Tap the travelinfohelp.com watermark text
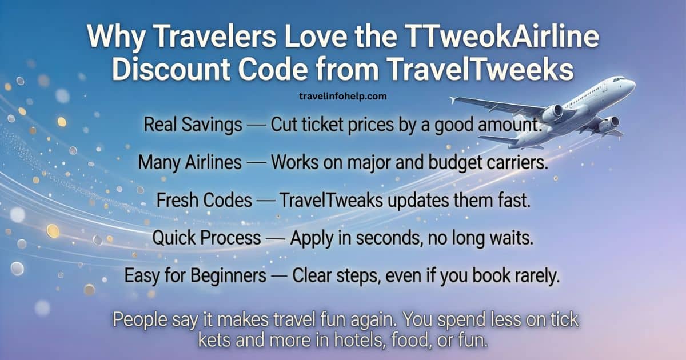click(342, 96)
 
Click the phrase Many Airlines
click(190, 163)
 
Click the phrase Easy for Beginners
click(196, 276)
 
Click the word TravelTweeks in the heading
click(490, 70)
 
